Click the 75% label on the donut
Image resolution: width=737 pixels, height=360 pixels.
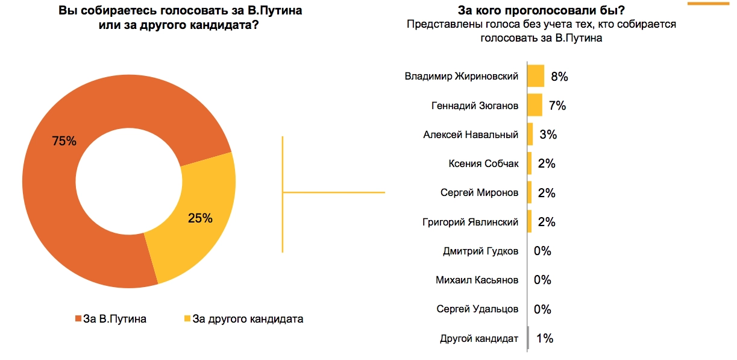pos(64,141)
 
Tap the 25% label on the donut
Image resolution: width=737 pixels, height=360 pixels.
pos(200,218)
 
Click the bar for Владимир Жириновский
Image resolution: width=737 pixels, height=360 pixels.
pos(536,77)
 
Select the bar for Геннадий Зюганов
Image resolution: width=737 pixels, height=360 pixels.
pos(535,106)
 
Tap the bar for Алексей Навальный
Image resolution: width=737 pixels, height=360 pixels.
pos(530,134)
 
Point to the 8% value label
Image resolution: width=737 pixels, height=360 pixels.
pos(560,77)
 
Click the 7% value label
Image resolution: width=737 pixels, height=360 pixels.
pos(557,106)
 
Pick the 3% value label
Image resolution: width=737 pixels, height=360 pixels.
pos(548,134)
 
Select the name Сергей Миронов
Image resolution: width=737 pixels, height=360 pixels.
pos(479,193)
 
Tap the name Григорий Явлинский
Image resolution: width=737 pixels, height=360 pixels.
pos(470,222)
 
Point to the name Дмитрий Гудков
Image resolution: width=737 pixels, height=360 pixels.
pos(480,251)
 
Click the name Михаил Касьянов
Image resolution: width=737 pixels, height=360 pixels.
pos(477,280)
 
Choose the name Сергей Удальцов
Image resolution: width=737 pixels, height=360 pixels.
pos(477,309)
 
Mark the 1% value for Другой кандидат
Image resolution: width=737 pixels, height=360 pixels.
pos(545,338)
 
